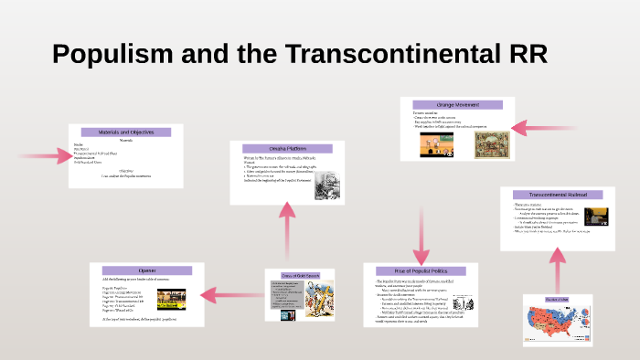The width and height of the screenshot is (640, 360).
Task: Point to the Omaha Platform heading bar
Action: (286, 149)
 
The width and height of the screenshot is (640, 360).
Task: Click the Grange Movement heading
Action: (457, 102)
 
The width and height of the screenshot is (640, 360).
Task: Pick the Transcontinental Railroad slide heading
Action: (558, 195)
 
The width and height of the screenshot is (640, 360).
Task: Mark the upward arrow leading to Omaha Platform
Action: (287, 228)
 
